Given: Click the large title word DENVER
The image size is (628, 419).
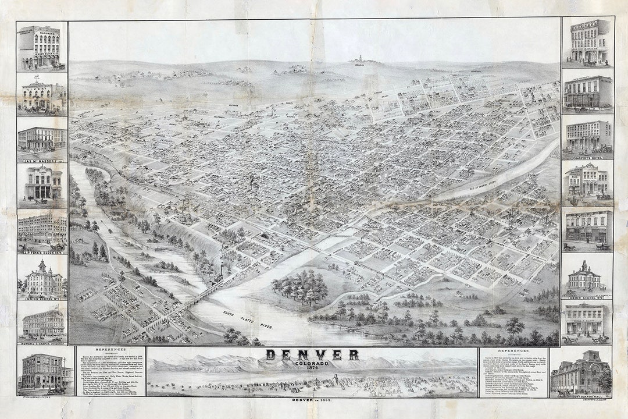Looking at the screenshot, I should pyautogui.click(x=312, y=355).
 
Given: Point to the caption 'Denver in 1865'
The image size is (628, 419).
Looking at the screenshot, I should pyautogui.click(x=312, y=400).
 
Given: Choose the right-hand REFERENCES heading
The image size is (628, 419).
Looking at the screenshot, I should pyautogui.click(x=512, y=351).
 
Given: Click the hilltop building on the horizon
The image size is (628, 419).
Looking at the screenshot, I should pyautogui.click(x=359, y=59).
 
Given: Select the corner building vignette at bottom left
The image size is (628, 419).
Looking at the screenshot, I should pyautogui.click(x=42, y=372).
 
